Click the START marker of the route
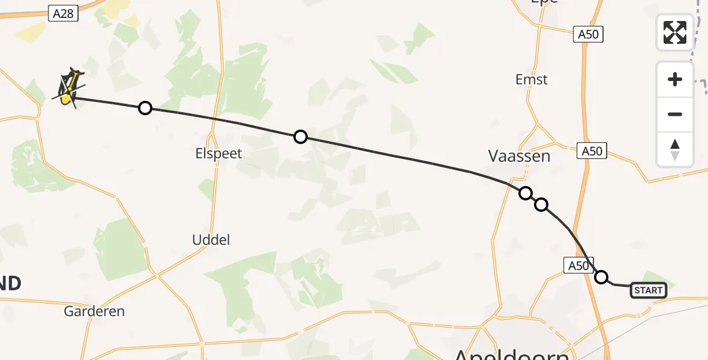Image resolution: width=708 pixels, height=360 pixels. point(649,291)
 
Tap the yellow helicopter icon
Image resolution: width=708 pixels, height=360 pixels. point(69,87)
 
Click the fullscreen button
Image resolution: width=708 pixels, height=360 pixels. point(675,32)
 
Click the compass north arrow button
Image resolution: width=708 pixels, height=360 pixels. point(675,149)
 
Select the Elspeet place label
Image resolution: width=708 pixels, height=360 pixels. point(219,154)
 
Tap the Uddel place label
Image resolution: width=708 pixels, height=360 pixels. point(211,240)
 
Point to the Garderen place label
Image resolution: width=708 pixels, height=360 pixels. point(95,311)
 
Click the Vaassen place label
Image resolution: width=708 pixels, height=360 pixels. point(520,157)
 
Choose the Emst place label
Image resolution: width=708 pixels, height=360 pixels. point(532,79)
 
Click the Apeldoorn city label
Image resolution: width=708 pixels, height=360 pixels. point(511,354)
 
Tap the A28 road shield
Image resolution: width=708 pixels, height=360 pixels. point(63,13)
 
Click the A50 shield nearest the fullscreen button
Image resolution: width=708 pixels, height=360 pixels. point(588,34)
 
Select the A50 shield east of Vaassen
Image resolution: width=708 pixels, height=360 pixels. point(592,151)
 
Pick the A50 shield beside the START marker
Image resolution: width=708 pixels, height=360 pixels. point(578,265)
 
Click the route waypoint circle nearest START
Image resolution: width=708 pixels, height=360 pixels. point(601,277)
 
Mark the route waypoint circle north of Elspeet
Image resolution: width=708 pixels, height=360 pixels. point(301,137)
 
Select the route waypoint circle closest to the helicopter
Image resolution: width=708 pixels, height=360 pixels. point(145,108)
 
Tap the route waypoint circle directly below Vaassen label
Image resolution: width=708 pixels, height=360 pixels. point(526,193)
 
